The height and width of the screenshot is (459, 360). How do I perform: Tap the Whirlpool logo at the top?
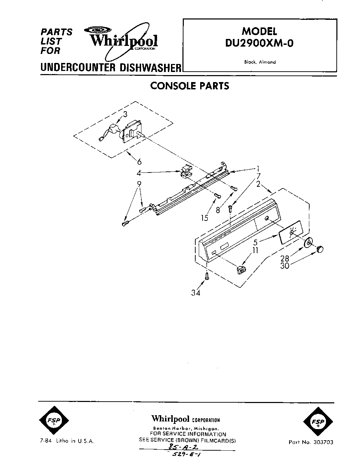pos(123,41)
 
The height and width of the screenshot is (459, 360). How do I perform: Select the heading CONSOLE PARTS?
pos(189,86)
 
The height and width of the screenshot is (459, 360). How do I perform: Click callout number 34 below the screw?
pos(196,293)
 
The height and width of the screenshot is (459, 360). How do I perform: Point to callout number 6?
pos(139,161)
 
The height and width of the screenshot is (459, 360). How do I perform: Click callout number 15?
pos(204,218)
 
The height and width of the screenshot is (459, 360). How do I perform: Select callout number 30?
pos(285,266)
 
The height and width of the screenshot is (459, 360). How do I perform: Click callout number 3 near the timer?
pos(125,114)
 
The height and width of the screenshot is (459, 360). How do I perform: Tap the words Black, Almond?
pos(260,62)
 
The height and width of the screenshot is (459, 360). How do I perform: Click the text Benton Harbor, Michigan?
pos(186,428)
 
